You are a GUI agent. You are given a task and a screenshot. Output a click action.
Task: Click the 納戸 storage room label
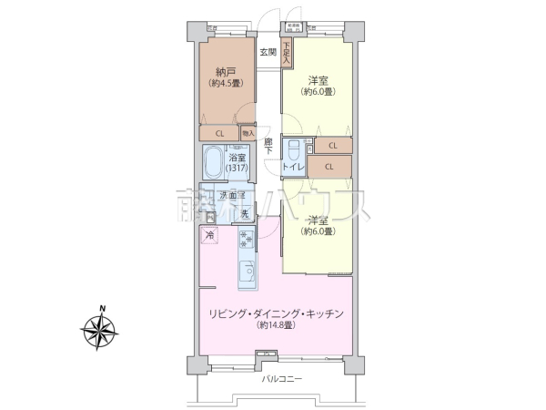coord(227,71)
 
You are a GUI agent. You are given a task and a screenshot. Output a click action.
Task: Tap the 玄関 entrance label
coord(268,52)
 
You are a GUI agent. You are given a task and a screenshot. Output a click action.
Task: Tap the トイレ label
coord(292,167)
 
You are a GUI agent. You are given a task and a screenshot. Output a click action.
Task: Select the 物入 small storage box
coord(248,133)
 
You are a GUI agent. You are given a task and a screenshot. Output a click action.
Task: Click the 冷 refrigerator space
coord(210,235)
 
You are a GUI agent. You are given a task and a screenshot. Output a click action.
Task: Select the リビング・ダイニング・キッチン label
coord(275,313)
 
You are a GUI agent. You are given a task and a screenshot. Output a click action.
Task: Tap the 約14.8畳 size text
coord(275,325)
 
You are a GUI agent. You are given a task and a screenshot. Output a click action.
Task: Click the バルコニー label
coord(281,377)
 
